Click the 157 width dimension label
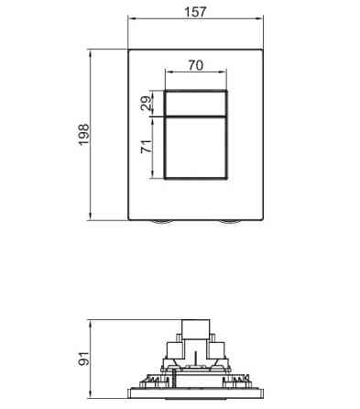tap(195, 11)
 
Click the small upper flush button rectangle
tap(197, 104)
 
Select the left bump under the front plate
tap(161, 222)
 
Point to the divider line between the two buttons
tap(197, 117)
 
